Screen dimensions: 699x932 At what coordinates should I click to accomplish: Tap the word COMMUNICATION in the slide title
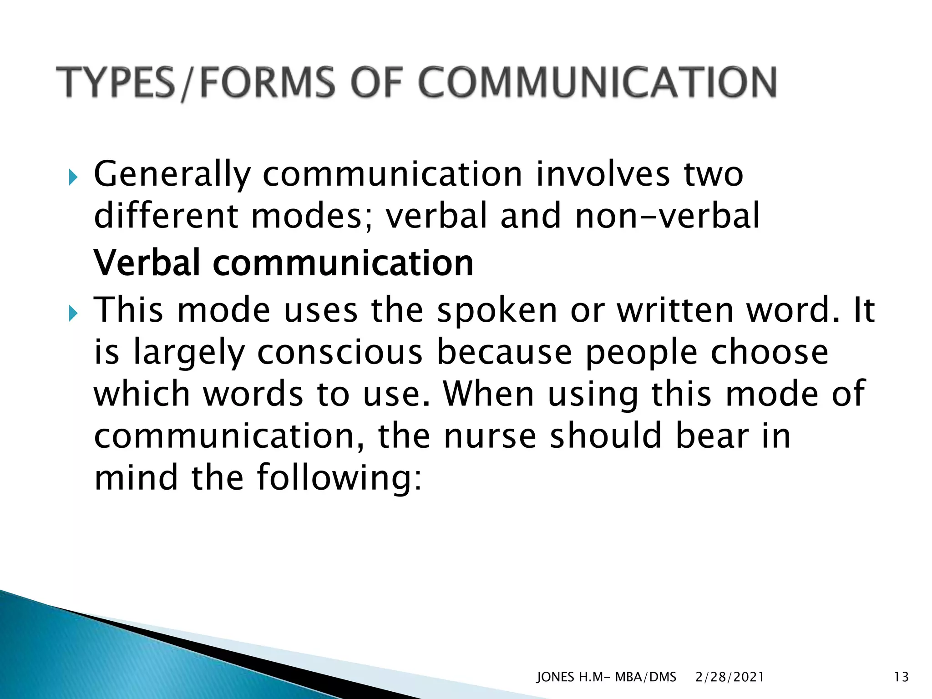[x=597, y=82]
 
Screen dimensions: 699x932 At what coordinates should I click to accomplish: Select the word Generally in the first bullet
[x=172, y=175]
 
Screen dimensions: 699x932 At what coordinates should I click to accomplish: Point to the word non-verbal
[x=667, y=216]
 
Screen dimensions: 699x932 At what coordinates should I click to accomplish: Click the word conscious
[x=340, y=352]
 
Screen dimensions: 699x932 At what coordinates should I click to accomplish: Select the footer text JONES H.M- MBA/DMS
[x=606, y=677]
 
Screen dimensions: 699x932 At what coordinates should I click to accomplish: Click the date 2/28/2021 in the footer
[x=729, y=677]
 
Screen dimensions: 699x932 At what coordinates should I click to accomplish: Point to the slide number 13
[x=901, y=677]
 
